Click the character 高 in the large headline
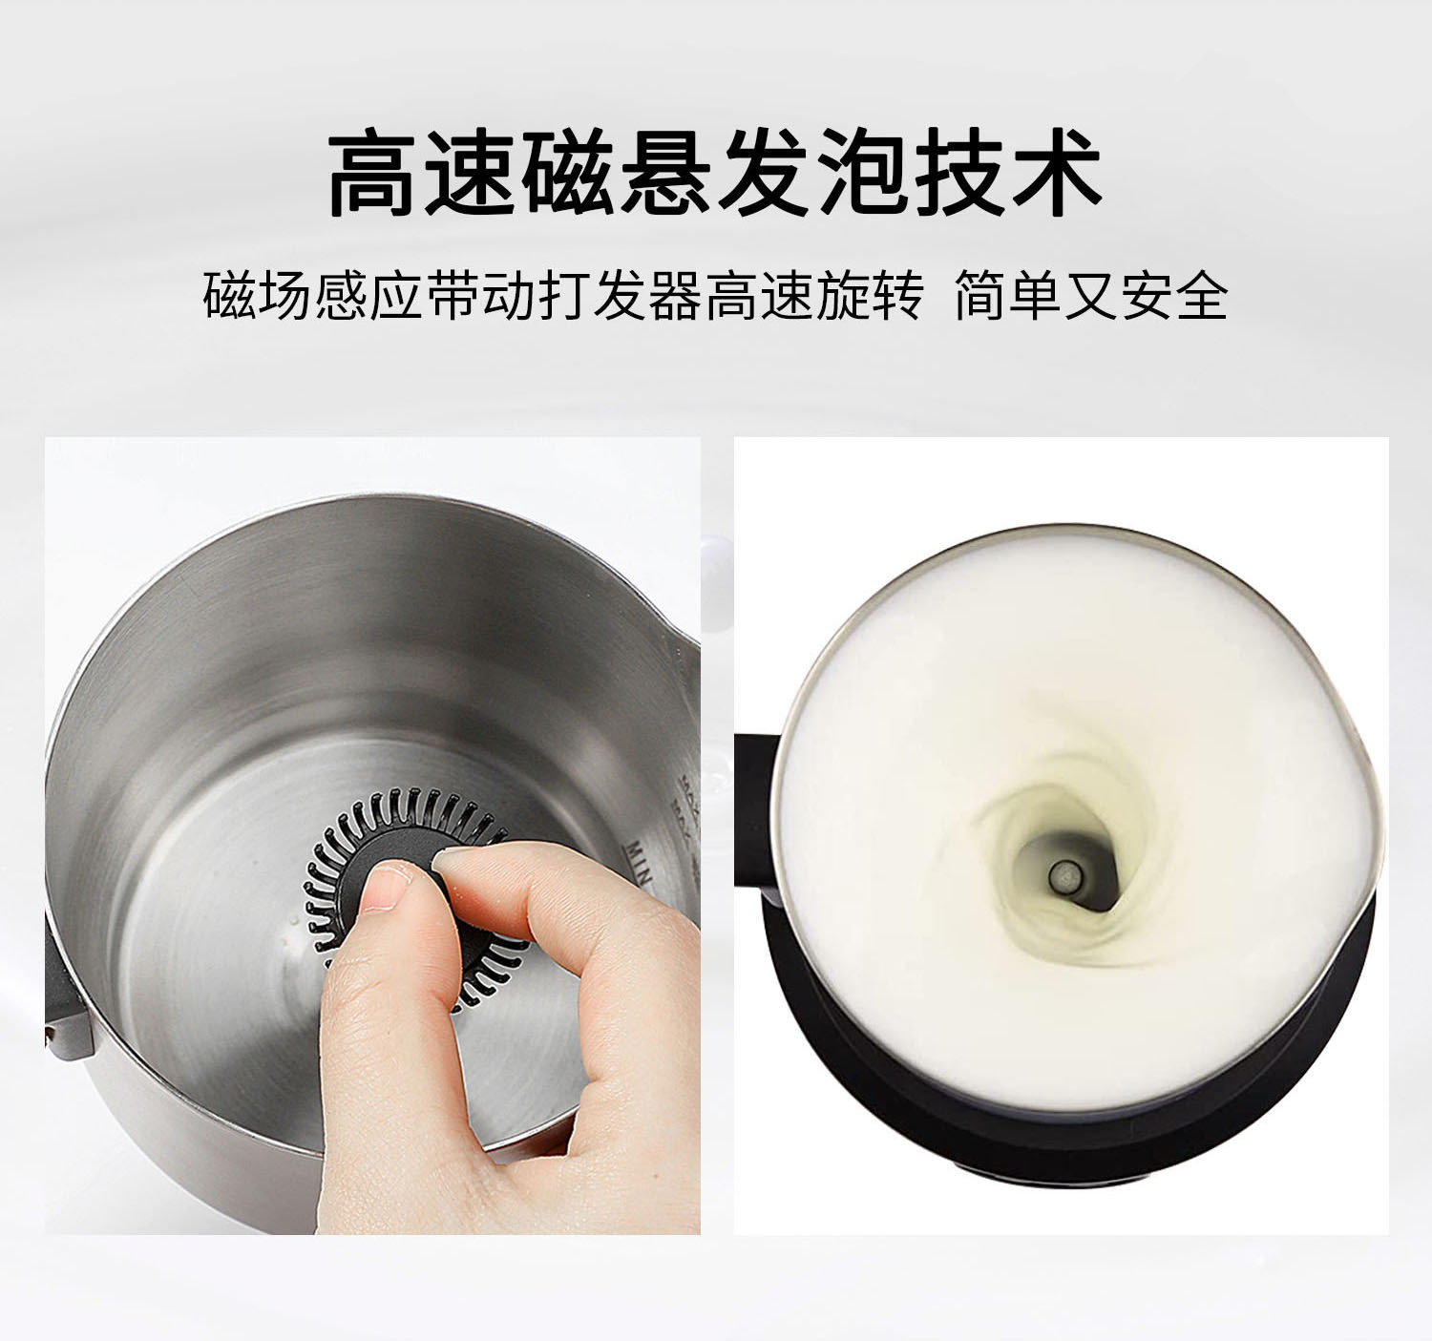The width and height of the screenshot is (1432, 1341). [x=372, y=173]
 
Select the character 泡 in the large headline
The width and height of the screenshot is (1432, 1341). [x=862, y=173]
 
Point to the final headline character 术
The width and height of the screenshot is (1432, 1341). [x=1057, y=173]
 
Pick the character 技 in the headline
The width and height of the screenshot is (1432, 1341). [x=959, y=173]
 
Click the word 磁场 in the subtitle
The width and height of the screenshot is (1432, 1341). [x=257, y=295]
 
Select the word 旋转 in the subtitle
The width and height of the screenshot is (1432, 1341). [x=870, y=295]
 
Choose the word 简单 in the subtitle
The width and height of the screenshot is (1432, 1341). [x=1008, y=295]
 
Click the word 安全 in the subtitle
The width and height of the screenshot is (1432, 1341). [x=1174, y=295]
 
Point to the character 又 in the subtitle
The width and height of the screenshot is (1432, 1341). [x=1092, y=295]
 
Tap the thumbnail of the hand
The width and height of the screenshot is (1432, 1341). [x=385, y=886]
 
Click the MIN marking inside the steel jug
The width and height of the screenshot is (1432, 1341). [x=638, y=862]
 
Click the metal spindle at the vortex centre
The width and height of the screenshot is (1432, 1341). [x=1065, y=876]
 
